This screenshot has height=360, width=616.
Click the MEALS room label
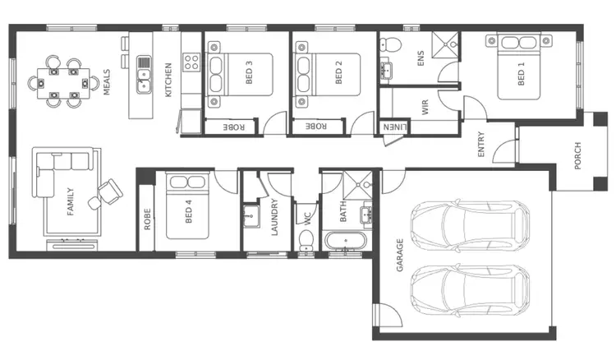click(x=107, y=82)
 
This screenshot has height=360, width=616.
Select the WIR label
click(x=425, y=108)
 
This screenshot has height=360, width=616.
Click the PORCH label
click(x=577, y=157)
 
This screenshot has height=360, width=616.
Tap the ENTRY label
click(x=481, y=145)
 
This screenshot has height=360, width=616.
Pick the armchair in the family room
click(x=108, y=192)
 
